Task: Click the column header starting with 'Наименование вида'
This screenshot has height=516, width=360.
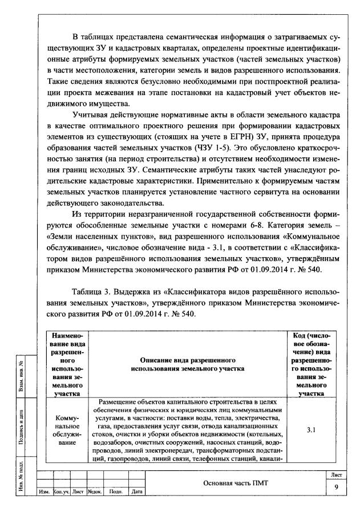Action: (x=67, y=365)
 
